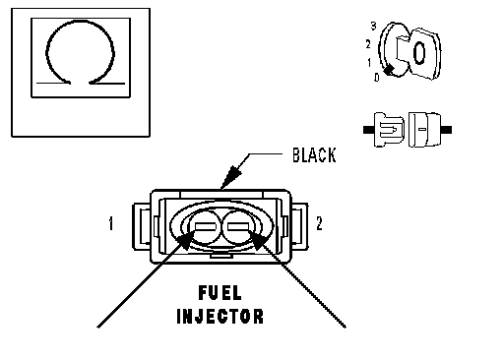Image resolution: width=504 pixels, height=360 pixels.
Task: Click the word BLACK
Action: tap(314, 155)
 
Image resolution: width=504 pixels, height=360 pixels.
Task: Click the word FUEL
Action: tap(220, 293)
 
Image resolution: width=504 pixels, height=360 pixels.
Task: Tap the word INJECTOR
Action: tap(220, 317)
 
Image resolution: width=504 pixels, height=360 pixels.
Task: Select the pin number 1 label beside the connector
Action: tap(111, 223)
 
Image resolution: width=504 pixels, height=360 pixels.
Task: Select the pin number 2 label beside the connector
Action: tap(319, 223)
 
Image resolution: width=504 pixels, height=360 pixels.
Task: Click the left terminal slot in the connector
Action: tap(206, 226)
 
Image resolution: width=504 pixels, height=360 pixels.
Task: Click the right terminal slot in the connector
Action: tap(238, 226)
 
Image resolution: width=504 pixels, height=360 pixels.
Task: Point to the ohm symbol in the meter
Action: tap(81, 52)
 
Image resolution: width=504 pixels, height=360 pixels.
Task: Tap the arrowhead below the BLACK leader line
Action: tap(231, 177)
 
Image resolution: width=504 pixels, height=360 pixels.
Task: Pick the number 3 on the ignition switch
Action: tap(373, 26)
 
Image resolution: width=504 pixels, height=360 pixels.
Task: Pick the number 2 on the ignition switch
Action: tap(368, 44)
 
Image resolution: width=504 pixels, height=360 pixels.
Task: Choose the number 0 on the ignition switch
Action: tap(377, 78)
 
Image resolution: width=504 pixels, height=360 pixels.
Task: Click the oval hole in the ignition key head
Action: tap(419, 53)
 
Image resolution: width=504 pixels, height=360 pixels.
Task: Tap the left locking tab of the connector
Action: tap(142, 226)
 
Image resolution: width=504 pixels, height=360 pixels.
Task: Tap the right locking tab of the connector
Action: tap(299, 226)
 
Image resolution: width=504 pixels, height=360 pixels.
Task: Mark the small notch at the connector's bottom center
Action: tap(221, 255)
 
